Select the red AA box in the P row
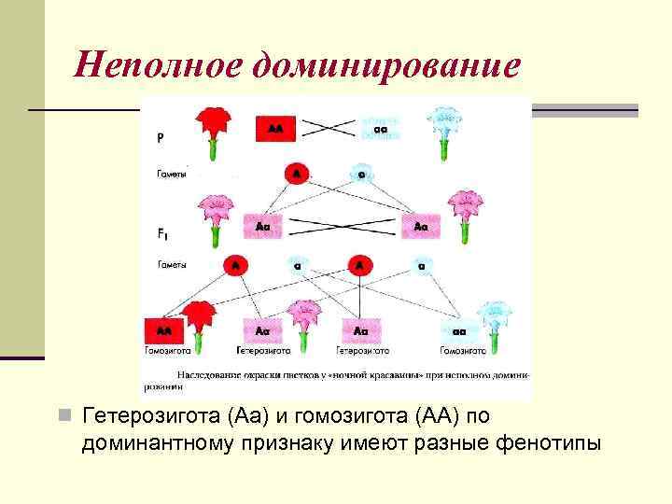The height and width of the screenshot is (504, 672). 275,129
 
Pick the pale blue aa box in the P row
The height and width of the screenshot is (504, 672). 381,129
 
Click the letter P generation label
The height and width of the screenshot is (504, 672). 160,136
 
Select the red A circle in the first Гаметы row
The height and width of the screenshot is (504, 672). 296,174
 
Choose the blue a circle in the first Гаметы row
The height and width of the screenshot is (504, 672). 360,174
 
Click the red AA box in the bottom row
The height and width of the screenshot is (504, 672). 163,330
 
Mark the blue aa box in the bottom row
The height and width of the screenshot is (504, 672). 458,330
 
